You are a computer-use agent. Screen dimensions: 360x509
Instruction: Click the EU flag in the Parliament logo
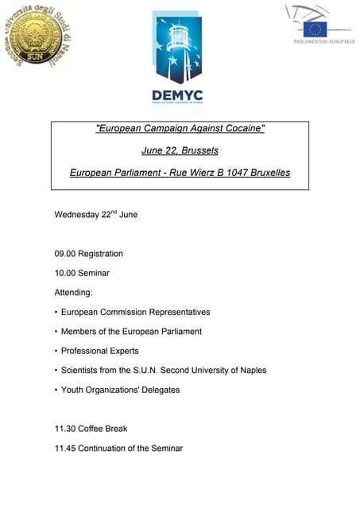click(x=315, y=29)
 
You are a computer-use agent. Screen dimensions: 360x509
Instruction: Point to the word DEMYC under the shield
click(x=177, y=96)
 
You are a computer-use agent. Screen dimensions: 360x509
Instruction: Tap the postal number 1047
click(x=232, y=173)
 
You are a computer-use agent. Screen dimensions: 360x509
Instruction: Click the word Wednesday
click(x=75, y=215)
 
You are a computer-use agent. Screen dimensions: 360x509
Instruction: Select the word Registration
click(x=100, y=254)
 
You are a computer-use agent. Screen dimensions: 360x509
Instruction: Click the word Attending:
click(x=74, y=293)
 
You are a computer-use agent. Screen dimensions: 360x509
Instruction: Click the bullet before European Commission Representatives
click(x=56, y=312)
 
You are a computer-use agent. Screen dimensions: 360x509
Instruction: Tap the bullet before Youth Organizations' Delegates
click(x=56, y=390)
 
